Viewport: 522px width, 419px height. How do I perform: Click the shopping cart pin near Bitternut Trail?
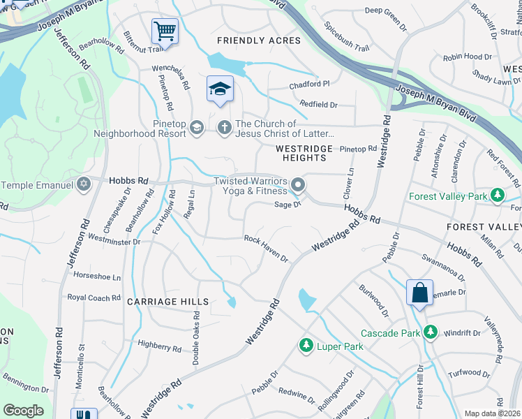[165, 31]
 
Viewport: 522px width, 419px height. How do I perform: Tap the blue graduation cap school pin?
[219, 89]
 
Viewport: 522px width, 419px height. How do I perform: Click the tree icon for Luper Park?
[306, 345]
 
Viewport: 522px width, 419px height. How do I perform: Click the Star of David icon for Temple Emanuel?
[84, 185]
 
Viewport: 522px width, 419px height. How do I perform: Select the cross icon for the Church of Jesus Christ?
[225, 127]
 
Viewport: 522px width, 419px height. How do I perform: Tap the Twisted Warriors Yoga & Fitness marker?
[299, 186]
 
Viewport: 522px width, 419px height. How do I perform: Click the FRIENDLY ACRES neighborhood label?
[259, 41]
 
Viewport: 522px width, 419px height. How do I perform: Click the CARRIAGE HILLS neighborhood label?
[167, 302]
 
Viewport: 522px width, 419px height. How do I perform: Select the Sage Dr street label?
[287, 204]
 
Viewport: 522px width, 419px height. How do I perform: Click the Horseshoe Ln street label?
[97, 277]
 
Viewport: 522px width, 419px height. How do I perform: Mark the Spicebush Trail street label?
[347, 38]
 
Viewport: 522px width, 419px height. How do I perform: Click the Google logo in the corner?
[23, 411]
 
